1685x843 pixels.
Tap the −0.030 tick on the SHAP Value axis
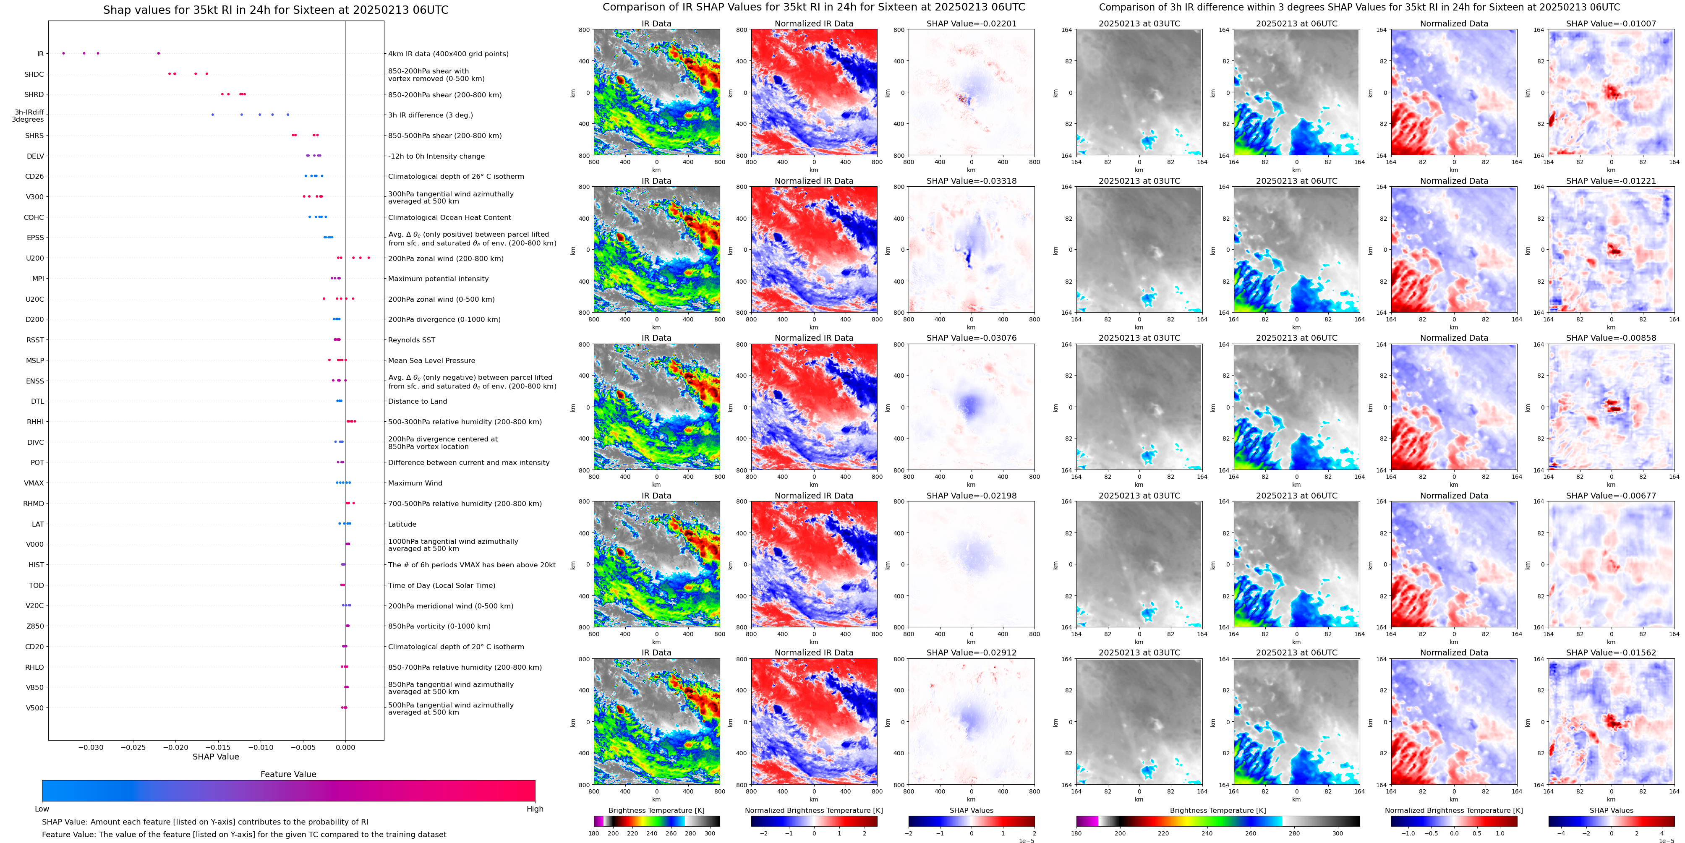click(x=91, y=747)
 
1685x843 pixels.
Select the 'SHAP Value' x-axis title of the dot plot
click(x=216, y=757)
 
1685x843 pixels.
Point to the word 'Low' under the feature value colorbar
click(x=42, y=809)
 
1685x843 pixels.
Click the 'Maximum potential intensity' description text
click(x=438, y=279)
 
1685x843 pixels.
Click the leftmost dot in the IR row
click(x=63, y=53)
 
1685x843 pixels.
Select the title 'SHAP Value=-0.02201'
click(x=972, y=23)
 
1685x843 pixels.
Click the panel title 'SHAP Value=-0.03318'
click(x=972, y=181)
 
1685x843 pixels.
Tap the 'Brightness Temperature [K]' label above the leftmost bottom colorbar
click(x=656, y=810)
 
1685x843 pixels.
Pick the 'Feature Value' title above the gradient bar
click(x=288, y=774)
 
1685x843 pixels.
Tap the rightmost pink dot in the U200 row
click(x=368, y=258)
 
